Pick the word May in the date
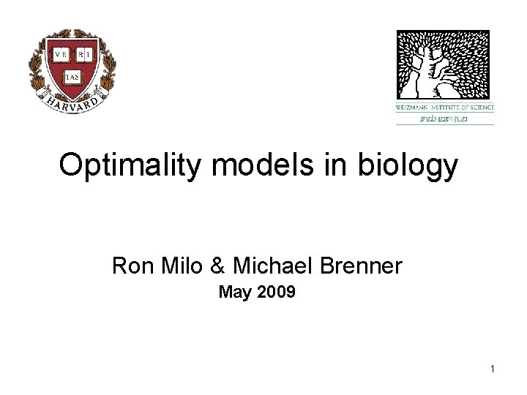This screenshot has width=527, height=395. [x=234, y=293]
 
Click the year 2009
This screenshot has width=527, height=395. [x=276, y=293]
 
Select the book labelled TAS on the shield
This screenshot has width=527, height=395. [x=72, y=75]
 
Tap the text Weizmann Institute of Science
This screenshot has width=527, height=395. [x=445, y=108]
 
